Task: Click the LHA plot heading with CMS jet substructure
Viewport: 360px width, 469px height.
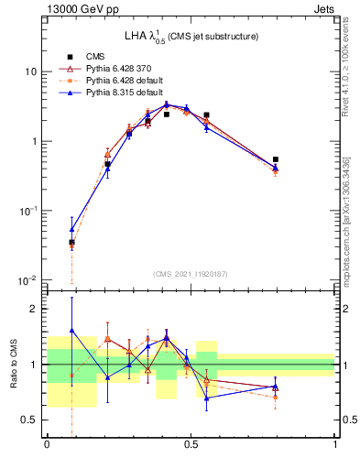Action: pyautogui.click(x=191, y=36)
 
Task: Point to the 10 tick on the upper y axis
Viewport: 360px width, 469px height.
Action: pyautogui.click(x=30, y=71)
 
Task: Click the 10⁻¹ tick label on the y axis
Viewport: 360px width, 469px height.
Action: pyautogui.click(x=28, y=211)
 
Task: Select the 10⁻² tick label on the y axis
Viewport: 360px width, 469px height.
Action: pyautogui.click(x=28, y=280)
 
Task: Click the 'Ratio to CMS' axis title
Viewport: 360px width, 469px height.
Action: pyautogui.click(x=14, y=365)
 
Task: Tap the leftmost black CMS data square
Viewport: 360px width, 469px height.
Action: pyautogui.click(x=71, y=243)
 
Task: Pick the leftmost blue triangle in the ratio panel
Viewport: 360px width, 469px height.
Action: pyautogui.click(x=71, y=331)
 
